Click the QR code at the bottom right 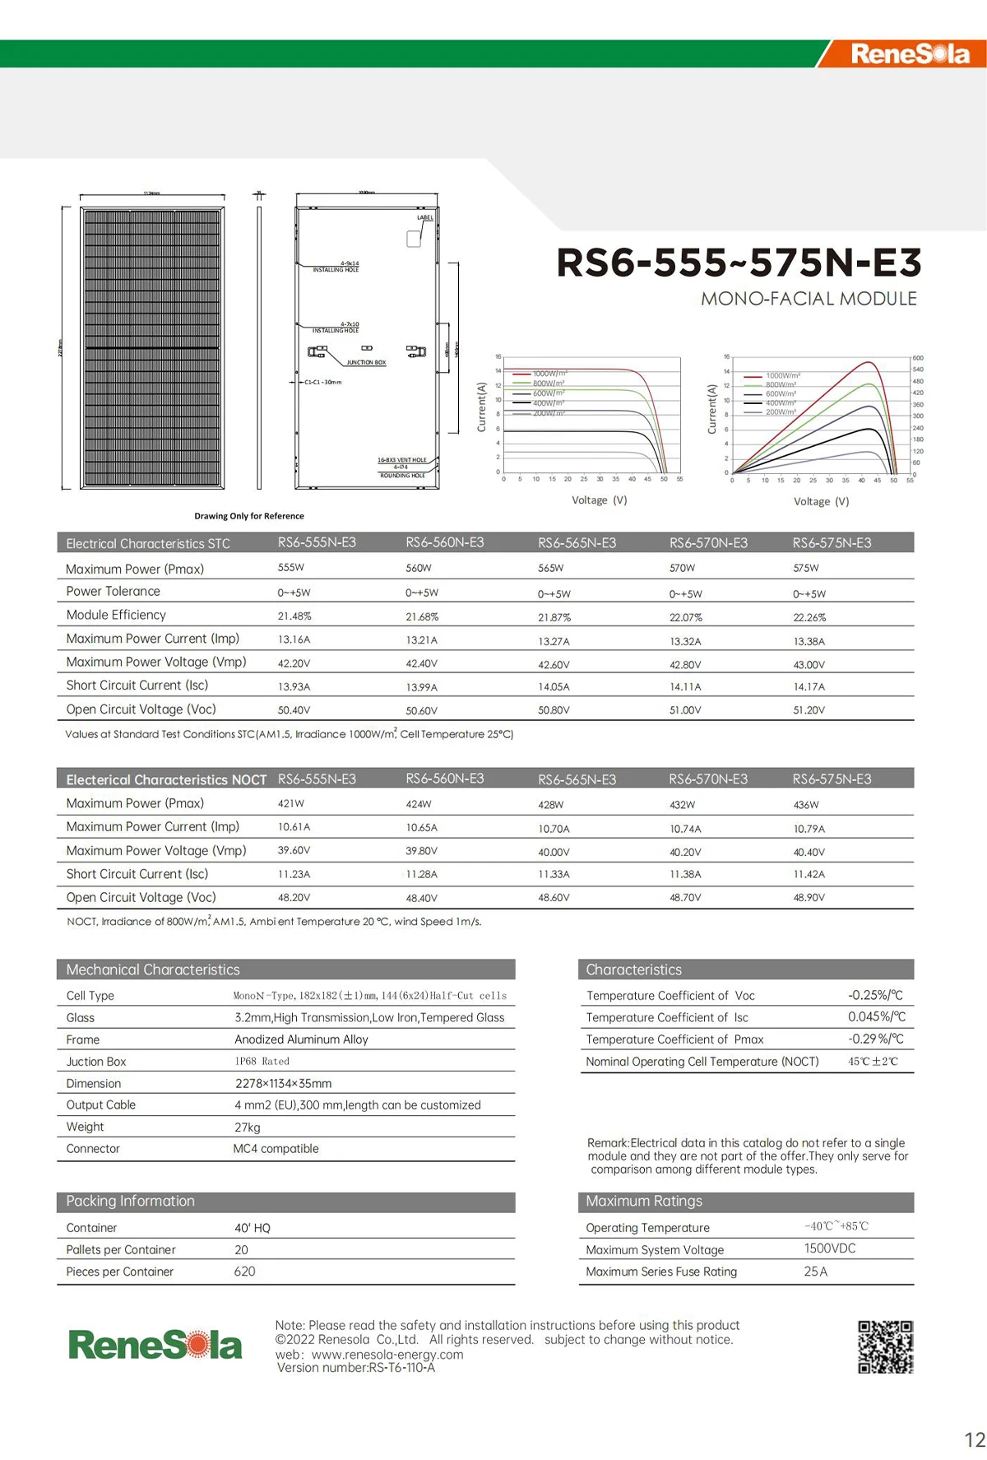click(x=885, y=1347)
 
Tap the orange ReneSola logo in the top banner click(x=910, y=54)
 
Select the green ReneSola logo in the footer click(x=155, y=1345)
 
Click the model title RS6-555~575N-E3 click(x=739, y=263)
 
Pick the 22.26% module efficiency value click(x=809, y=617)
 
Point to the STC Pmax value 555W click(x=291, y=568)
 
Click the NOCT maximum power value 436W click(x=806, y=804)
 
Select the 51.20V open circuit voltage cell click(x=809, y=710)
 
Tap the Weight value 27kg click(x=248, y=1127)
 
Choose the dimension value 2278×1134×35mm click(x=284, y=1083)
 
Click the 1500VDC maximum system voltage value click(x=830, y=1248)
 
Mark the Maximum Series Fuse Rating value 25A click(x=816, y=1272)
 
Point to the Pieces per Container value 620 click(x=245, y=1272)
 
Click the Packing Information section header click(x=131, y=1202)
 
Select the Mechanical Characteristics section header click(x=153, y=969)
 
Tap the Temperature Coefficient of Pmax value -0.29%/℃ click(x=876, y=1039)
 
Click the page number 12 click(x=975, y=1439)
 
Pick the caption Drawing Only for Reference click(x=249, y=516)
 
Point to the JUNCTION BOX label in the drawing click(x=366, y=362)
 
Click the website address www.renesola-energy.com click(x=387, y=1354)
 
